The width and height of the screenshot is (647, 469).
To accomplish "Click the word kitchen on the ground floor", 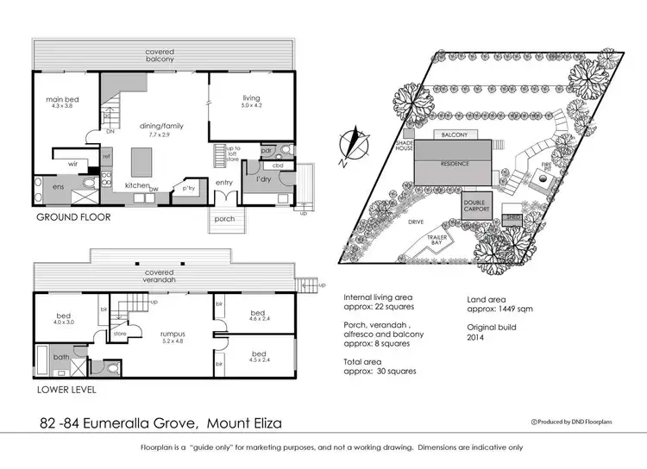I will (x=138, y=186).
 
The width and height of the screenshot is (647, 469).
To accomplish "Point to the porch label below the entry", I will (x=223, y=219).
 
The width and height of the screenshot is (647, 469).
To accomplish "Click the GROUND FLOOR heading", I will (x=73, y=217).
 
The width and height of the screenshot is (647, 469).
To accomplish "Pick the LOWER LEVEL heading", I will (x=66, y=390).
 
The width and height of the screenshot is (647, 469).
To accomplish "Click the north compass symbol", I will (x=349, y=144).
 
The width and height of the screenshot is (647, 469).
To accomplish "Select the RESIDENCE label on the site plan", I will (x=454, y=162).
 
